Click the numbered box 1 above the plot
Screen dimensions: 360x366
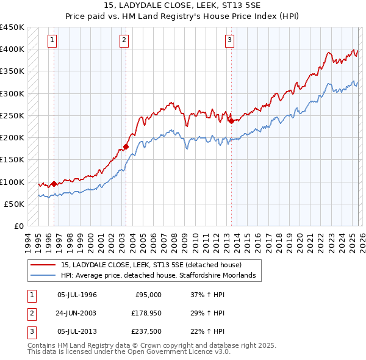52,41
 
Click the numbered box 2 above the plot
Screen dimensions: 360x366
124,41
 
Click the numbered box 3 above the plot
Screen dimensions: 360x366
230,41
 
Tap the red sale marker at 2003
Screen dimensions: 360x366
126,146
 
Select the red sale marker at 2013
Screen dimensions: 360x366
231,121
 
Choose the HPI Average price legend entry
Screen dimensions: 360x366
161,276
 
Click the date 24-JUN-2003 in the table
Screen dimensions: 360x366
77,313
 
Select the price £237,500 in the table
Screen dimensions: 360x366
146,331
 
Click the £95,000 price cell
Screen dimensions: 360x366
148,295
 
